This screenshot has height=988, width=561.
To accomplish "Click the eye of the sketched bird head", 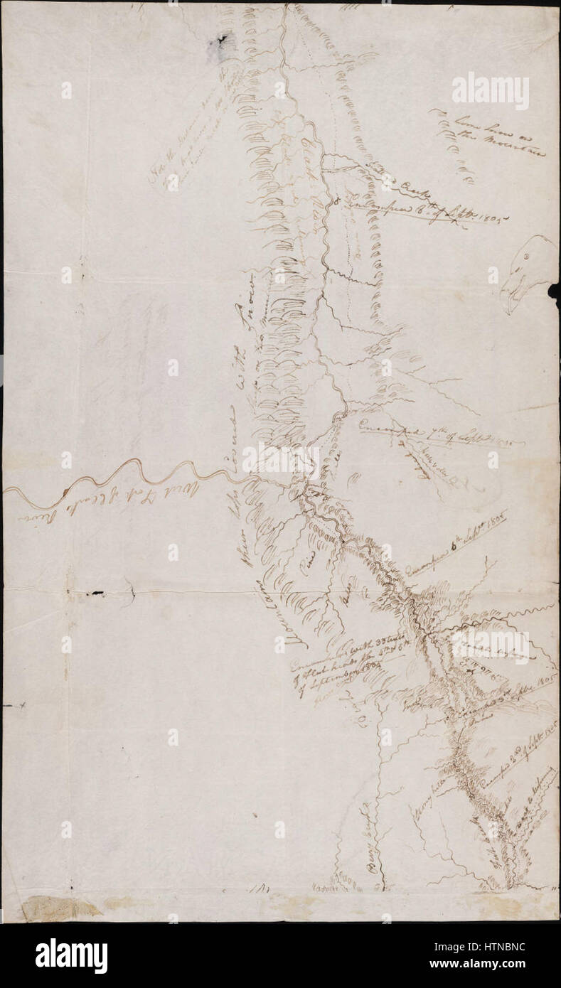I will tap(527, 256).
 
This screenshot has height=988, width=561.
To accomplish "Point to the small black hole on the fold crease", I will tap(92, 592).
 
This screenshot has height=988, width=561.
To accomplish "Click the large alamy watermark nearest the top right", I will tap(491, 90).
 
